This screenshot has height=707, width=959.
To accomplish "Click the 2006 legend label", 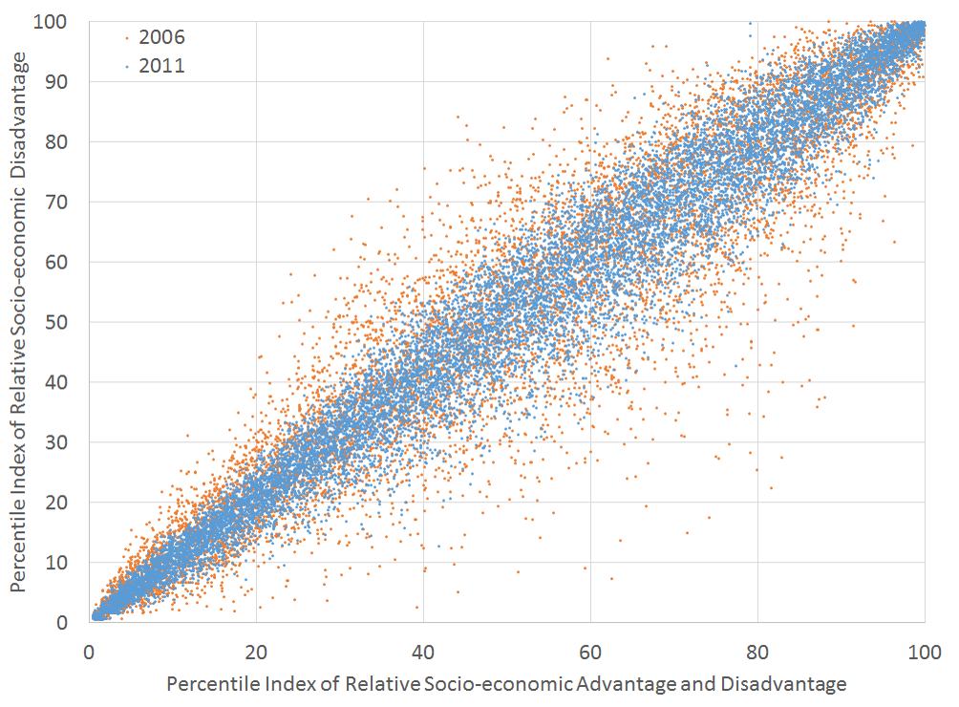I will click(161, 38).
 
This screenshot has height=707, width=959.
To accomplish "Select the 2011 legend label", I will click(161, 66).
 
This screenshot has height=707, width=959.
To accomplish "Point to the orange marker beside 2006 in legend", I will click(128, 39).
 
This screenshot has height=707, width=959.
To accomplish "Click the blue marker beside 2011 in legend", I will click(128, 67).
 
